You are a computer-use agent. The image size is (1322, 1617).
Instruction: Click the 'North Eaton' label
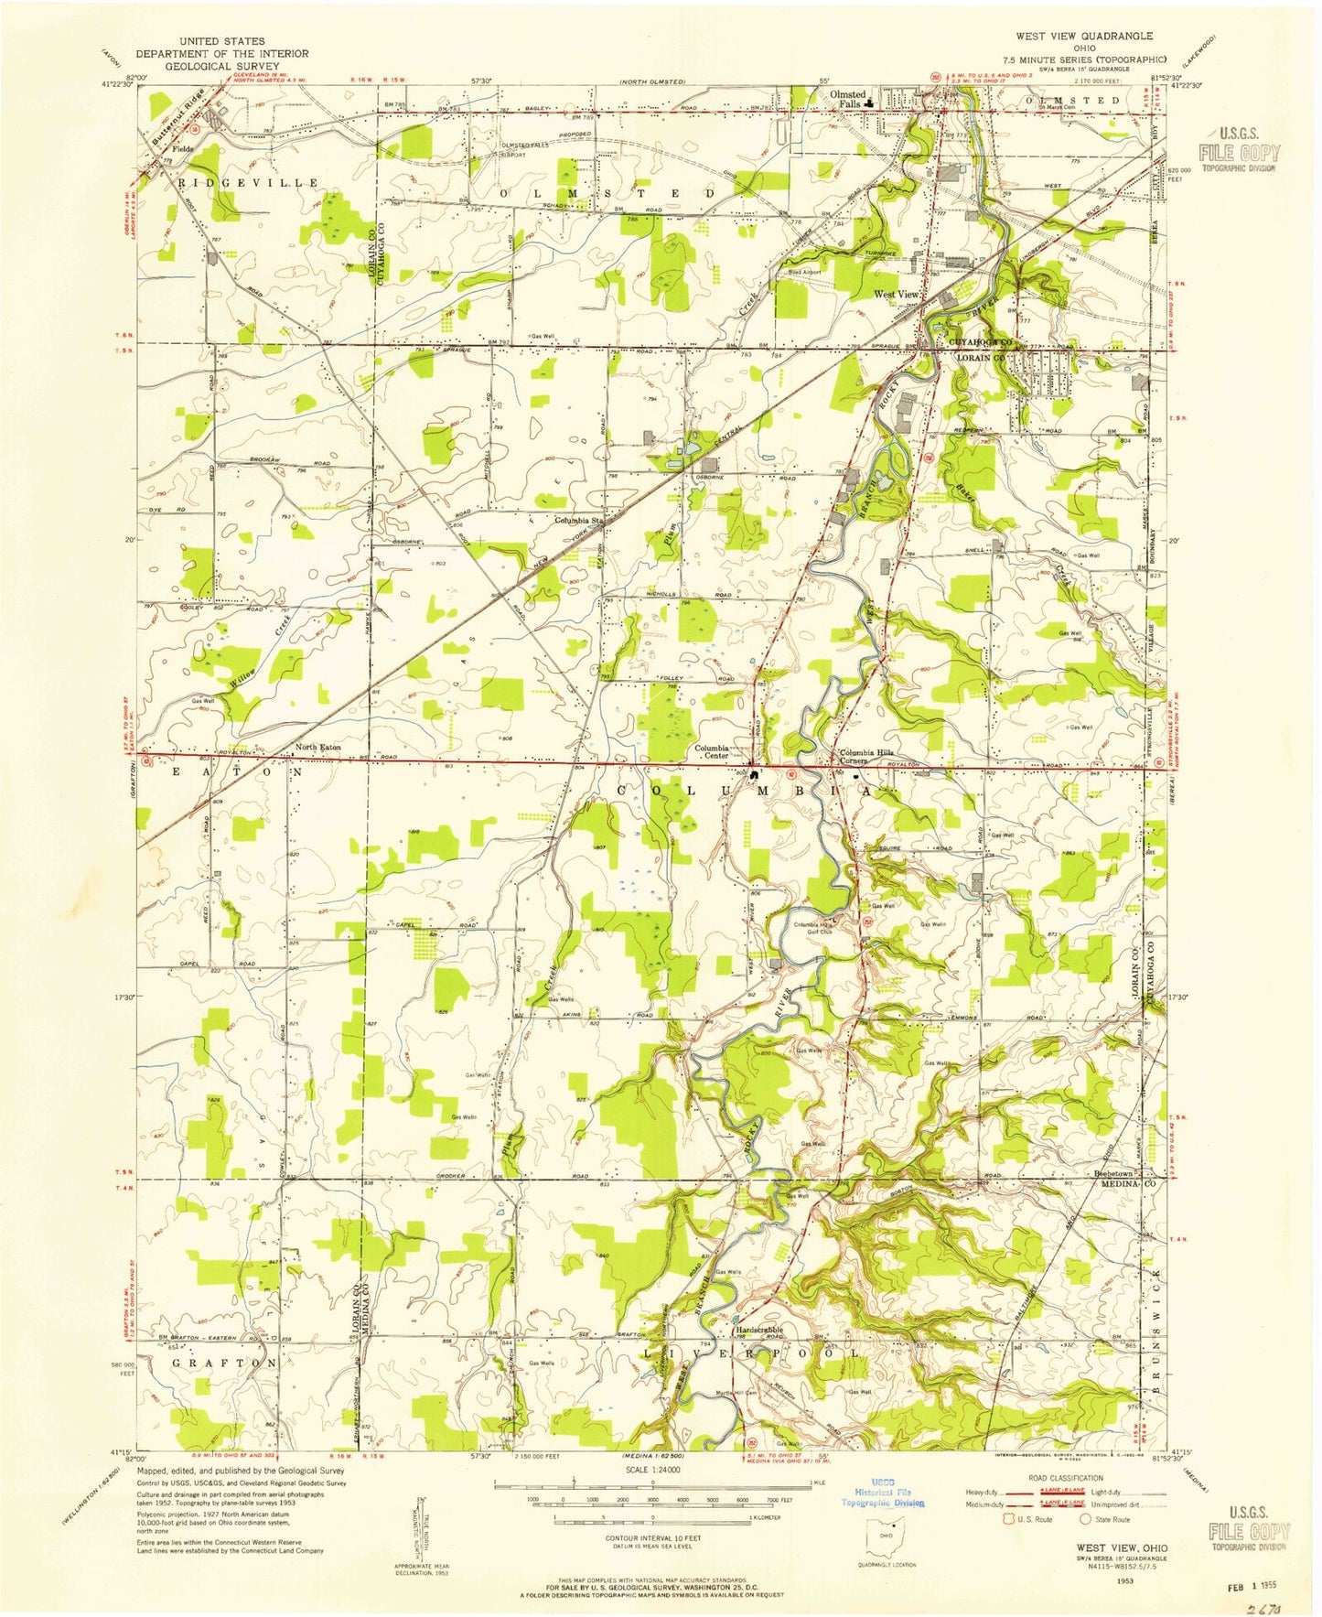pyautogui.click(x=317, y=747)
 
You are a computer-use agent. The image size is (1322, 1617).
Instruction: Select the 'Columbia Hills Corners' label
pyautogui.click(x=866, y=756)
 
